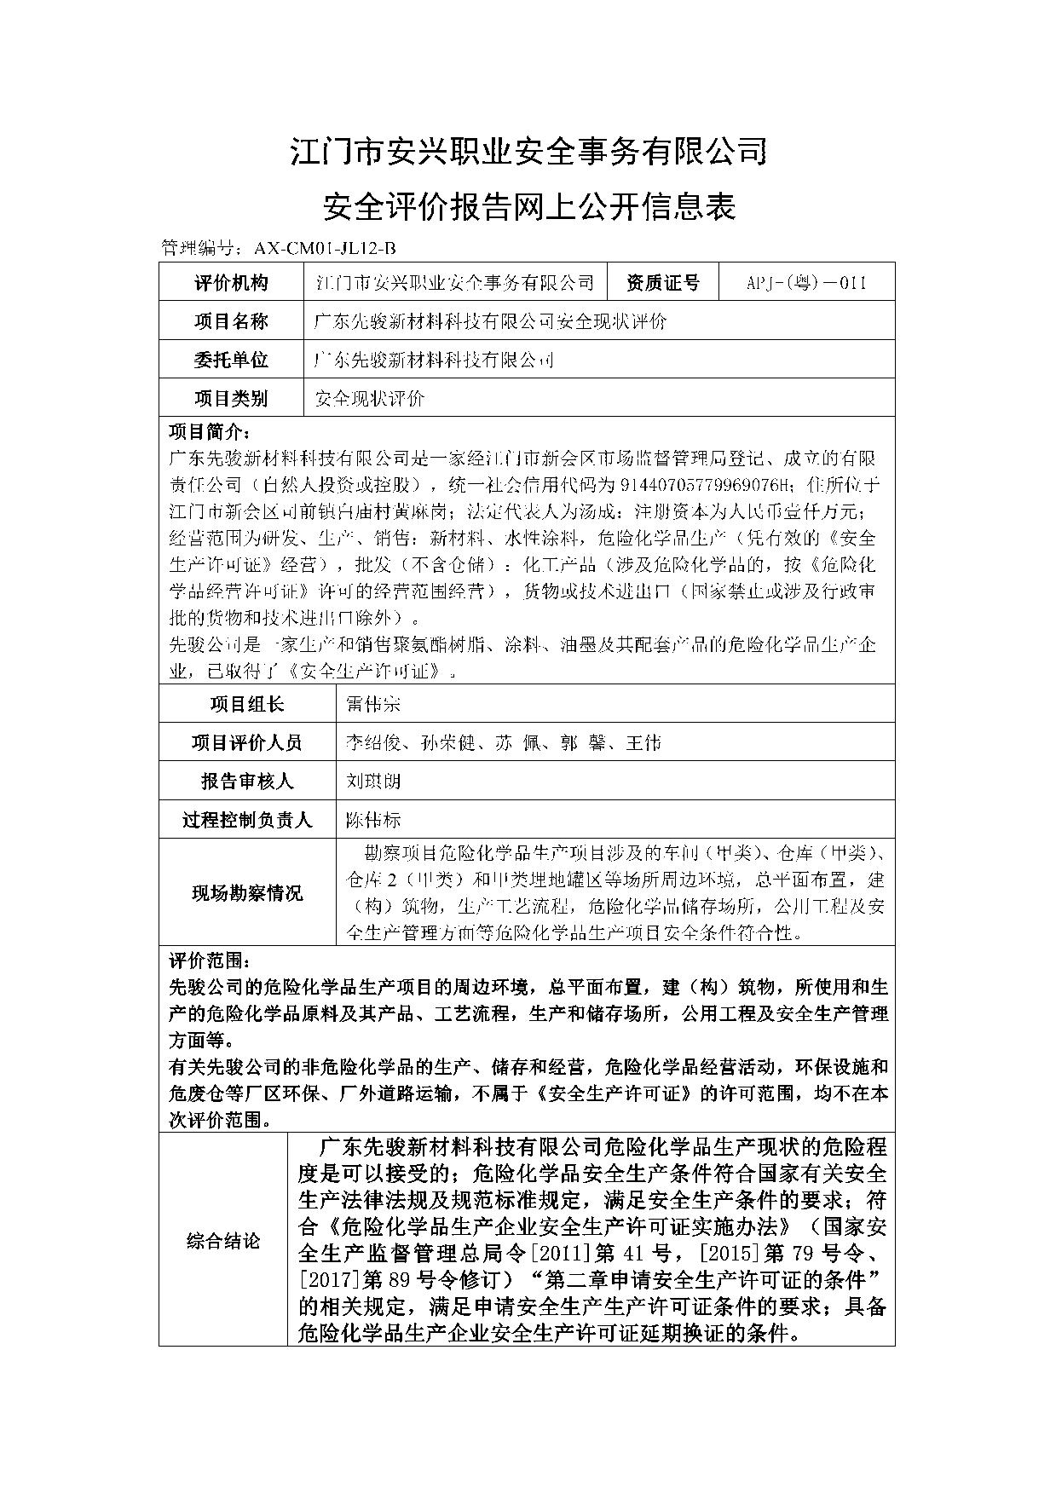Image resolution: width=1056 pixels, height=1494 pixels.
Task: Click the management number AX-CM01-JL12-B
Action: pyautogui.click(x=325, y=248)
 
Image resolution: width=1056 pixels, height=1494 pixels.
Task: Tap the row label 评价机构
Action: pyautogui.click(x=231, y=283)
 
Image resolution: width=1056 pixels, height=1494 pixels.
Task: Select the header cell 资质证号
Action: pyautogui.click(x=663, y=283)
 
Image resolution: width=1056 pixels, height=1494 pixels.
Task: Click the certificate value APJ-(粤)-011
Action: pyautogui.click(x=806, y=283)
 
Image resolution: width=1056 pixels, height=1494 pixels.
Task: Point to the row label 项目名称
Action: pyautogui.click(x=231, y=321)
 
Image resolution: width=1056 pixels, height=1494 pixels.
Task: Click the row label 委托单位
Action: pyautogui.click(x=231, y=360)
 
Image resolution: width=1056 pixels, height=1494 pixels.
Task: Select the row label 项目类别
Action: pyautogui.click(x=231, y=398)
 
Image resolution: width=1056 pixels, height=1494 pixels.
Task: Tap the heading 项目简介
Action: pyautogui.click(x=210, y=430)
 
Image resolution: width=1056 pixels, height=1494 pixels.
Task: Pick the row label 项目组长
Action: pyautogui.click(x=247, y=704)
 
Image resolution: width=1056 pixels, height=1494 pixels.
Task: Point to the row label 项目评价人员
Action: pyautogui.click(x=247, y=743)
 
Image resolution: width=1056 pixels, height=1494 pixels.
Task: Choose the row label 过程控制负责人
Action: pyautogui.click(x=247, y=820)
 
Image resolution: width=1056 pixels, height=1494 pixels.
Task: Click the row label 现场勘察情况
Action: pyautogui.click(x=247, y=893)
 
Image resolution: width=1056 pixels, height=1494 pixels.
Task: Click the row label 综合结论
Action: pyautogui.click(x=223, y=1241)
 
